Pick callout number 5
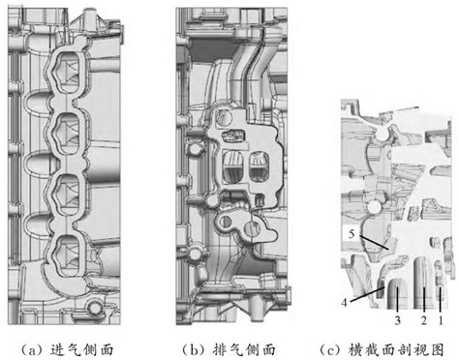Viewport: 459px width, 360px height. coord(347,233)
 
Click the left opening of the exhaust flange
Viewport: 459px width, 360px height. coord(233,165)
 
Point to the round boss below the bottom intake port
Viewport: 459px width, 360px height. coord(94,308)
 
